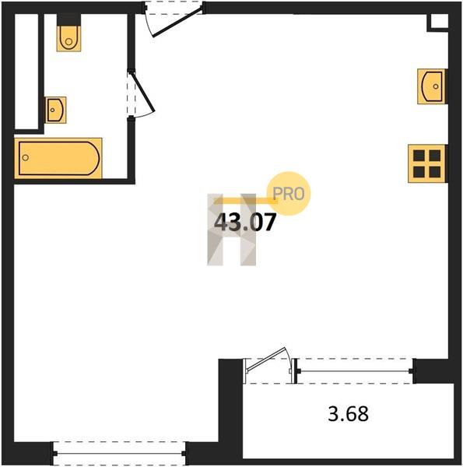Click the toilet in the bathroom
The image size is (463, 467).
coord(68,38)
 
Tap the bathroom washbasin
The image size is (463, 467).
coord(55,110)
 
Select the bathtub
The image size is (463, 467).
coord(58,158)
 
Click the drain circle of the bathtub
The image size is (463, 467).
coord(26,157)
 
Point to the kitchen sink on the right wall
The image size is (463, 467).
coord(431,86)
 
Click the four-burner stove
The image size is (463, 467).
coord(426,163)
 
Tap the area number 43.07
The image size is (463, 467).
coord(245,223)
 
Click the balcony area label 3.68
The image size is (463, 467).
coord(348,414)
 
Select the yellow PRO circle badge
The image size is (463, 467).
coord(289,194)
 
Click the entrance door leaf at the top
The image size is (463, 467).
coord(177,23)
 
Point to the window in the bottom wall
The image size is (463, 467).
coord(119,454)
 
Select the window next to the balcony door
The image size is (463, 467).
coord(354,371)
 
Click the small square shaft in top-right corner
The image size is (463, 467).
coord(439,22)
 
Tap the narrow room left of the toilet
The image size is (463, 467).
coord(26,72)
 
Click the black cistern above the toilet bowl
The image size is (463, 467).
coord(68,19)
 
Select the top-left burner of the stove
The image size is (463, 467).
coord(419,155)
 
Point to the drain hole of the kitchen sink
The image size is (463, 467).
coord(436,86)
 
